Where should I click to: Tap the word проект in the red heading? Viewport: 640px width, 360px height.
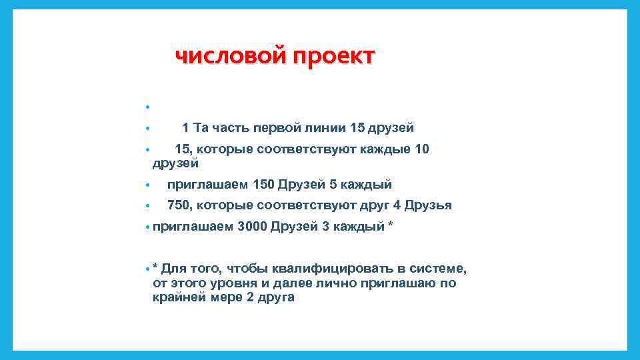pos(333,57)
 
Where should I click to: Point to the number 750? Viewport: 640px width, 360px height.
pos(178,205)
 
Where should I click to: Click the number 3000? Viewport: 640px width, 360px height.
pos(251,227)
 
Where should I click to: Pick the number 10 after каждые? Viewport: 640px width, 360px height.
pos(422,149)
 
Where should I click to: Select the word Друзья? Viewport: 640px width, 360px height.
pos(429,205)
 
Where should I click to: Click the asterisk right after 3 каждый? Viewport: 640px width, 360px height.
pos(390,225)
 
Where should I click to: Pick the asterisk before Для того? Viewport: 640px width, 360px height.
pos(155,267)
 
